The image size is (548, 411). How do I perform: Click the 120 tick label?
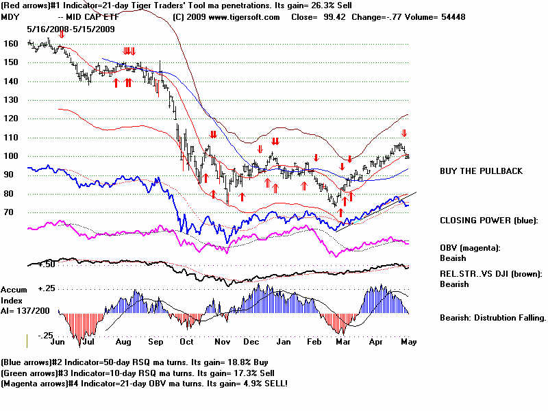click(x=11, y=118)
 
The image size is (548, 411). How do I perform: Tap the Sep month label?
click(x=155, y=340)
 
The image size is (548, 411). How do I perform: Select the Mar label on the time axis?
click(x=345, y=340)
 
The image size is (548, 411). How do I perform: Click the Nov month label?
click(x=221, y=340)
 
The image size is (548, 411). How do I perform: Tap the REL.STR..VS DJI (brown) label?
click(x=490, y=274)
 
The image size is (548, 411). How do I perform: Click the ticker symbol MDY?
click(x=11, y=17)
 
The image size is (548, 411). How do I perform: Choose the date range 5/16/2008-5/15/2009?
click(x=71, y=29)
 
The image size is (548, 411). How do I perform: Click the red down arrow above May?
click(x=404, y=134)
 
